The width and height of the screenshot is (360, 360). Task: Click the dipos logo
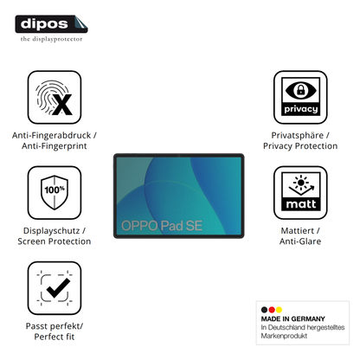[x=51, y=24]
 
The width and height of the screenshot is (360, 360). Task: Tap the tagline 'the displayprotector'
[x=51, y=39]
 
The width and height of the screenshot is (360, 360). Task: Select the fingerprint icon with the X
[x=55, y=98]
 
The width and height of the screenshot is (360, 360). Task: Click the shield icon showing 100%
[x=55, y=192]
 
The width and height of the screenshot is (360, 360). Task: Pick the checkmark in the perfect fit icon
[x=58, y=288]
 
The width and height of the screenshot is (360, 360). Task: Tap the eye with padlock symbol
[x=300, y=90]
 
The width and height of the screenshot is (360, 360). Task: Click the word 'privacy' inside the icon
[x=300, y=109]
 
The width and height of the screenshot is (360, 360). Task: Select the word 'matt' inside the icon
[x=301, y=204]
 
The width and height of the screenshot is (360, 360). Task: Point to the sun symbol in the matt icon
[x=301, y=183]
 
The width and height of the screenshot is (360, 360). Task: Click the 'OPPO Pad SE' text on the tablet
[x=162, y=226]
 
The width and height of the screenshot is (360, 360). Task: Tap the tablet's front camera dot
[x=179, y=156]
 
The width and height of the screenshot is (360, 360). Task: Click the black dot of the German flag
[x=264, y=310]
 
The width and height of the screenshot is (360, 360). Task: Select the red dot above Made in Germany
[x=272, y=310]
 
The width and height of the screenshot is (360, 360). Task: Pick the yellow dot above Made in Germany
[x=279, y=310]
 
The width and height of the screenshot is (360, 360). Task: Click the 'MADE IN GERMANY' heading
[x=292, y=318]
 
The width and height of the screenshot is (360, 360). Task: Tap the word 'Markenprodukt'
[x=284, y=336]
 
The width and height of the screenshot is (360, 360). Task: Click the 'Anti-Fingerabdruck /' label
[x=55, y=135]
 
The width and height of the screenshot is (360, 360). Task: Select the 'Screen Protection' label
[x=55, y=241]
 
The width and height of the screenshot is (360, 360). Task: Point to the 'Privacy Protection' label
[x=300, y=146]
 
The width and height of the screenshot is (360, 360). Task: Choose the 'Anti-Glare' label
[x=300, y=241]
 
